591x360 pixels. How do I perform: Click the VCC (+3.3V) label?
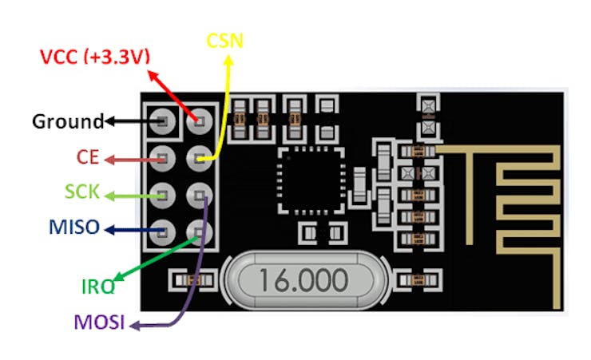click(95, 57)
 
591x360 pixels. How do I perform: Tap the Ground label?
click(67, 122)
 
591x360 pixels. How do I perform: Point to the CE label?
click(88, 157)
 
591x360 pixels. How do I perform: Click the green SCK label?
click(81, 192)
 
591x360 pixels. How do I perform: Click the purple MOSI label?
click(101, 324)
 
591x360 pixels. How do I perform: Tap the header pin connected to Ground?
click(164, 122)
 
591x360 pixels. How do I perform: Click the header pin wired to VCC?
click(199, 122)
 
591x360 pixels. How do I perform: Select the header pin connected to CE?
click(164, 157)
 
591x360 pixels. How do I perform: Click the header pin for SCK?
click(164, 193)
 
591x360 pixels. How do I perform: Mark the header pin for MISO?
click(164, 230)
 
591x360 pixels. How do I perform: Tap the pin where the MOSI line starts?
click(199, 194)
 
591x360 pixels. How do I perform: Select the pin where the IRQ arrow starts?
click(199, 230)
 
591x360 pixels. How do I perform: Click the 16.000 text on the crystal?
click(301, 280)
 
